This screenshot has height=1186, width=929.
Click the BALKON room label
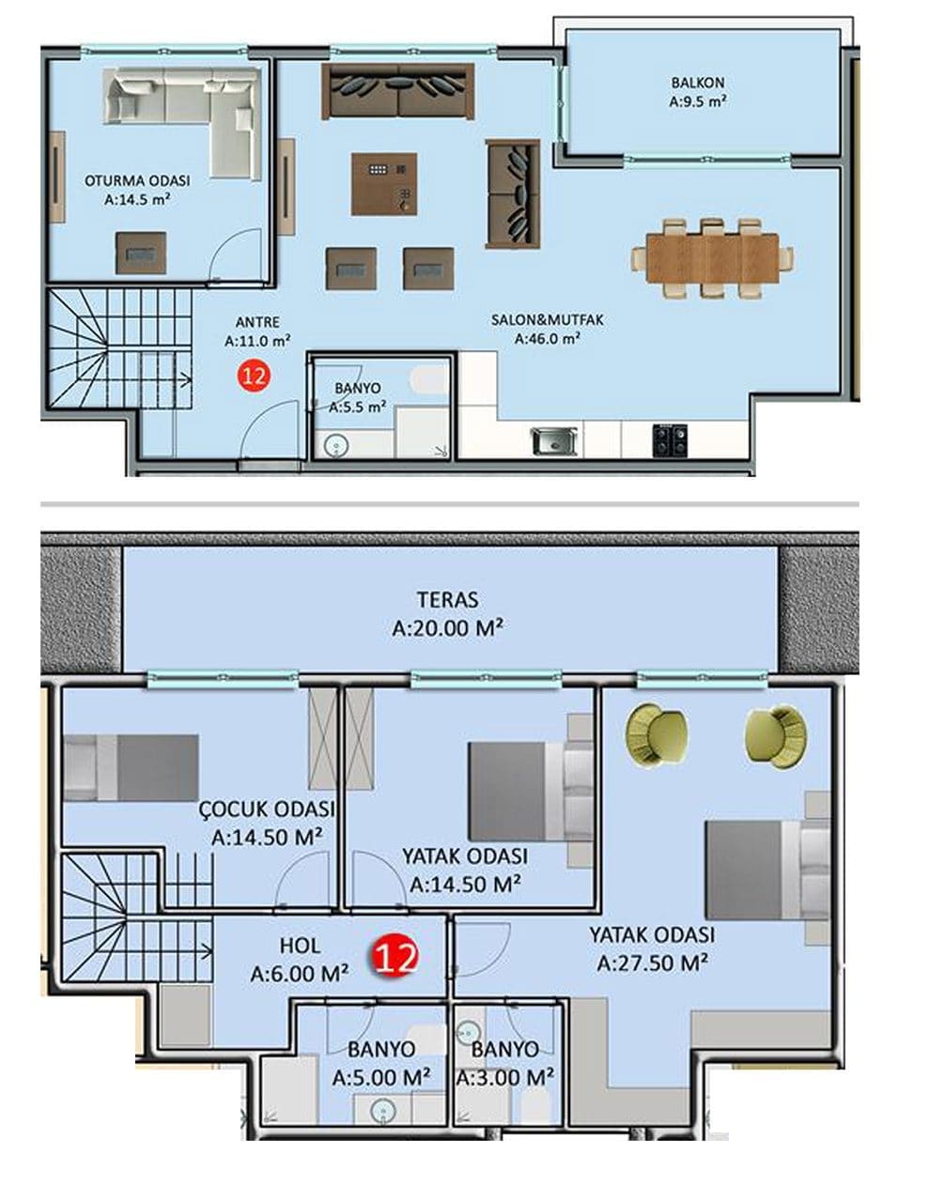(x=698, y=83)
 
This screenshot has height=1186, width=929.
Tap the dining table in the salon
(x=712, y=258)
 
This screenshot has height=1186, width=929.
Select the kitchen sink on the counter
(x=554, y=441)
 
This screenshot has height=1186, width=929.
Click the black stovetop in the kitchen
(x=671, y=440)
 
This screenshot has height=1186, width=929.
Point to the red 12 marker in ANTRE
(x=255, y=376)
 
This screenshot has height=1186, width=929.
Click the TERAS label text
(x=447, y=600)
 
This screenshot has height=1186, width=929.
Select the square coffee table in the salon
(x=384, y=184)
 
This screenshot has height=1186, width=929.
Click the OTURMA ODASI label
(x=137, y=180)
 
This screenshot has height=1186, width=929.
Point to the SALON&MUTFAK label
(x=548, y=320)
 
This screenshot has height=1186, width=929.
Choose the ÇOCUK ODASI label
(x=267, y=809)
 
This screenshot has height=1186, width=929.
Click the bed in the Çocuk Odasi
(x=131, y=767)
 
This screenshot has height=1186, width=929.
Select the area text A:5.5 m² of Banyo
(x=358, y=408)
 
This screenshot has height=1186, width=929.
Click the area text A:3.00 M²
(x=505, y=1078)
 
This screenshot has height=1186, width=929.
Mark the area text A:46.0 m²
(x=547, y=340)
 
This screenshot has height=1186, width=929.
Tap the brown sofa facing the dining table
(x=513, y=193)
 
